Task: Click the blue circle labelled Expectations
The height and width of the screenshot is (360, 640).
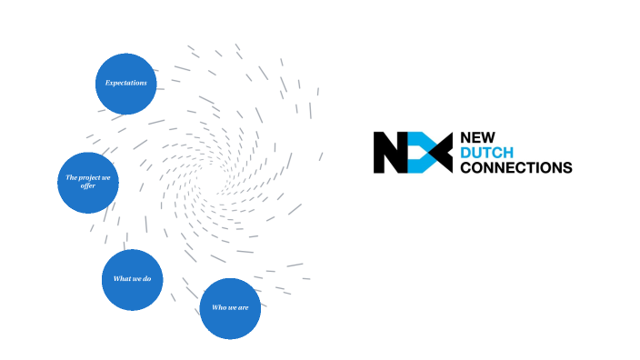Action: coord(126,84)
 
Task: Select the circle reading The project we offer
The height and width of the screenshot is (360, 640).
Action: coord(88,182)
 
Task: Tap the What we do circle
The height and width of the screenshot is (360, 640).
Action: coord(133,279)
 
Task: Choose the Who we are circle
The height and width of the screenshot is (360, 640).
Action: coord(231,307)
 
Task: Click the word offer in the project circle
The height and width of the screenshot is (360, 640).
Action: coord(88,186)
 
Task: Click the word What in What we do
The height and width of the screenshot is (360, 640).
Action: coord(121,278)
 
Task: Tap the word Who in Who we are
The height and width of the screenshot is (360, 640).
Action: coord(219,307)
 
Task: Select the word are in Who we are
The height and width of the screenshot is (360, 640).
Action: coord(245,307)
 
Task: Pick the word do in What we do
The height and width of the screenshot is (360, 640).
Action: coord(146,278)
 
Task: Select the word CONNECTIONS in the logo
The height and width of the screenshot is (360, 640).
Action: coord(516,167)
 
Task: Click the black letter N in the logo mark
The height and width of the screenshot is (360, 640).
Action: coord(388,153)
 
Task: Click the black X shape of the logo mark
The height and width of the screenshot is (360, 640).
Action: coord(438,153)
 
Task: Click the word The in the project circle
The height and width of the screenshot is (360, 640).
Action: coord(72,177)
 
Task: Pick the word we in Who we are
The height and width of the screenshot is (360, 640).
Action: coord(232,307)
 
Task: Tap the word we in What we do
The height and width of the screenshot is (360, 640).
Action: coord(135,278)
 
